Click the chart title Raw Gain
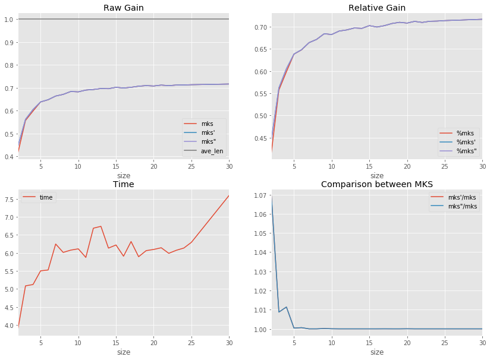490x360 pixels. coord(123,8)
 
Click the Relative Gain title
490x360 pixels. coord(376,8)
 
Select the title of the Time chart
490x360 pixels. coord(123,184)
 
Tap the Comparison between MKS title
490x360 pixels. coord(376,184)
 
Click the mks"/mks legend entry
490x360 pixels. coord(462,206)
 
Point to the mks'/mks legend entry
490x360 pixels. coord(462,197)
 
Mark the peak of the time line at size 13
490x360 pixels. coord(101,226)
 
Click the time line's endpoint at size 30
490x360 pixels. coord(228,196)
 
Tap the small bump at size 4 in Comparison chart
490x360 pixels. coord(287,307)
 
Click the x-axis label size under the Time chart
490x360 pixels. coord(123,352)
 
